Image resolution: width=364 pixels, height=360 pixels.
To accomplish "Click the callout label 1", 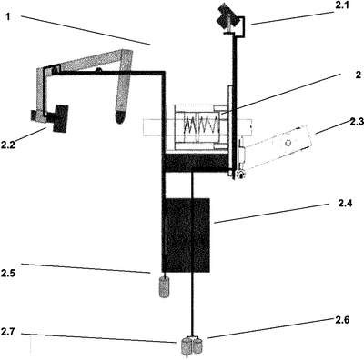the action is point(8,16).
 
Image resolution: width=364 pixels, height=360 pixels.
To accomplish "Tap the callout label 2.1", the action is point(343,6).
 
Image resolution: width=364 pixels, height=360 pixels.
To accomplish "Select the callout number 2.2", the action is point(7,145).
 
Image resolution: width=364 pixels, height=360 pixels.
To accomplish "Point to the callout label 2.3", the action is point(357,122).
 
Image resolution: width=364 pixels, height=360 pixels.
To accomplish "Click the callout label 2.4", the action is point(345,204).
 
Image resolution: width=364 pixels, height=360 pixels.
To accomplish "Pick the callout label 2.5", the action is point(8,274).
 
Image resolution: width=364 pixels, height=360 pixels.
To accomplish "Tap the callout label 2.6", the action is point(342,320).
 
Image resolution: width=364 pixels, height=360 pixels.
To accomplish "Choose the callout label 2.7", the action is point(7,331).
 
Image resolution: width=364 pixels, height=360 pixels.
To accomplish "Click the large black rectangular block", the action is point(186,235).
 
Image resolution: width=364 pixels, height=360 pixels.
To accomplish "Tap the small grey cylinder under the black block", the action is point(164,287).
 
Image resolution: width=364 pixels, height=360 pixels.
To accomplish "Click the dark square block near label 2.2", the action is point(60,118).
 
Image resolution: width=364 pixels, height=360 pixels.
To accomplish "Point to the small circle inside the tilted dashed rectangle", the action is point(288,143).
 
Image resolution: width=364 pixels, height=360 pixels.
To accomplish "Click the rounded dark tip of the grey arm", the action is point(120,117).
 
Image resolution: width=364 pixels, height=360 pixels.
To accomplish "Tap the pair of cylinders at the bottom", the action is point(192,346).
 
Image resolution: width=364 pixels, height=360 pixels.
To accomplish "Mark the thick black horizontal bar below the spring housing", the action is point(195,163).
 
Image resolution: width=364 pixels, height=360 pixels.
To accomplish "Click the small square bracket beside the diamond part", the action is point(240,26).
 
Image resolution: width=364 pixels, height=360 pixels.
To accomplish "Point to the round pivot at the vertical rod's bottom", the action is point(239,175).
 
